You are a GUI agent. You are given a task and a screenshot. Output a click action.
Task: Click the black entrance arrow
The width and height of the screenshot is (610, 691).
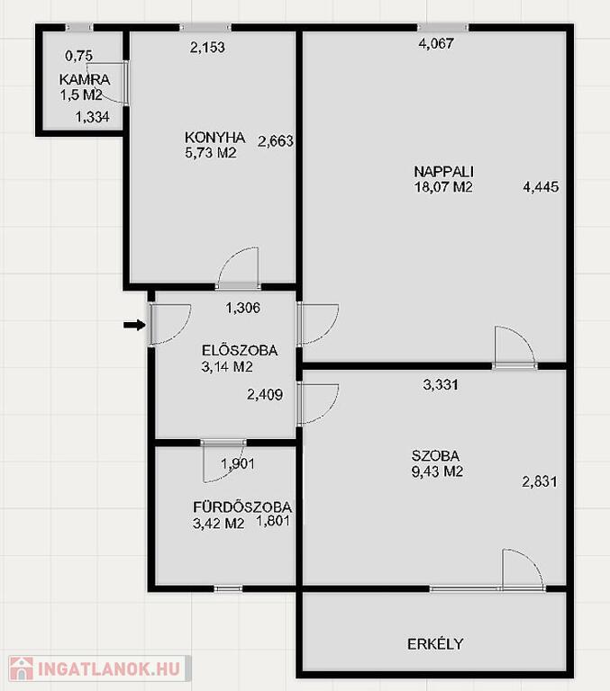pyautogui.click(x=134, y=325)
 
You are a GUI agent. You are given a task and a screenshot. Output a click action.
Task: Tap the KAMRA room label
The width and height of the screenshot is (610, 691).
pyautogui.click(x=85, y=80)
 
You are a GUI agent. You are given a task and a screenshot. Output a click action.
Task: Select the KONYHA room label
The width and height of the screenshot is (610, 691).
pyautogui.click(x=215, y=138)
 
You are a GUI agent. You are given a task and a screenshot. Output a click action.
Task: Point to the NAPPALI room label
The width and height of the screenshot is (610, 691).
pyautogui.click(x=443, y=172)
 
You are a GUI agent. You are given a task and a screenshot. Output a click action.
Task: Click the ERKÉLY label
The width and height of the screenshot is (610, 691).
pyautogui.click(x=435, y=644)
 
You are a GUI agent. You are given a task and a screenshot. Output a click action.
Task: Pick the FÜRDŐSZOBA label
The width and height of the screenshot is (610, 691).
pyautogui.click(x=242, y=507)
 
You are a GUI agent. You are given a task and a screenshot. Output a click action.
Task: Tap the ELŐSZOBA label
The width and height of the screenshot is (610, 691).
pyautogui.click(x=240, y=350)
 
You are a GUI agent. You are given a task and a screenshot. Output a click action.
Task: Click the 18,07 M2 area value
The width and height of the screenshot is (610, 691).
pyautogui.click(x=443, y=187)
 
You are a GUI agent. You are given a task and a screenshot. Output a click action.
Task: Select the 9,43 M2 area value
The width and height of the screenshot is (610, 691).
pyautogui.click(x=437, y=471)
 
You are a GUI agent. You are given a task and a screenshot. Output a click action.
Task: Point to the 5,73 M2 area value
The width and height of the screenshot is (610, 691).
pyautogui.click(x=211, y=153)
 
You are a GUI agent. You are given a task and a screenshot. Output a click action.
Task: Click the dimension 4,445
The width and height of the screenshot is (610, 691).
pyautogui.click(x=541, y=187)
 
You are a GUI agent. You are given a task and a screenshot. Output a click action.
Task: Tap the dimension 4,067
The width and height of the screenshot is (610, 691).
pyautogui.click(x=436, y=43)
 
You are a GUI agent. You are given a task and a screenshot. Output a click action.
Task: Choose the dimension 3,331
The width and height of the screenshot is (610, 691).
pyautogui.click(x=441, y=385)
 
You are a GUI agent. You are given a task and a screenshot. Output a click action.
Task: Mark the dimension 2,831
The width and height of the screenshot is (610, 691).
pyautogui.click(x=540, y=481)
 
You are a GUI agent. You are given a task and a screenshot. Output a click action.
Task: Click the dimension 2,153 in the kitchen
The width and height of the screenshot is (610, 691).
pyautogui.click(x=207, y=47)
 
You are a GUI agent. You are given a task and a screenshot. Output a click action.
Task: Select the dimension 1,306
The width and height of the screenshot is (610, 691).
pyautogui.click(x=243, y=308)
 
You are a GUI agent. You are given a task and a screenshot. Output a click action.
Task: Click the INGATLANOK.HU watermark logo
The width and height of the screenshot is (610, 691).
pyautogui.click(x=99, y=669)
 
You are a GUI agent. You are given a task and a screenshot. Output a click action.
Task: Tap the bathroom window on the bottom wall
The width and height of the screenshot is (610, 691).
pyautogui.click(x=228, y=588)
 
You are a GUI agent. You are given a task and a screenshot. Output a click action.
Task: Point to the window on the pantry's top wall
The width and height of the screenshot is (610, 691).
pyautogui.click(x=79, y=27)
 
